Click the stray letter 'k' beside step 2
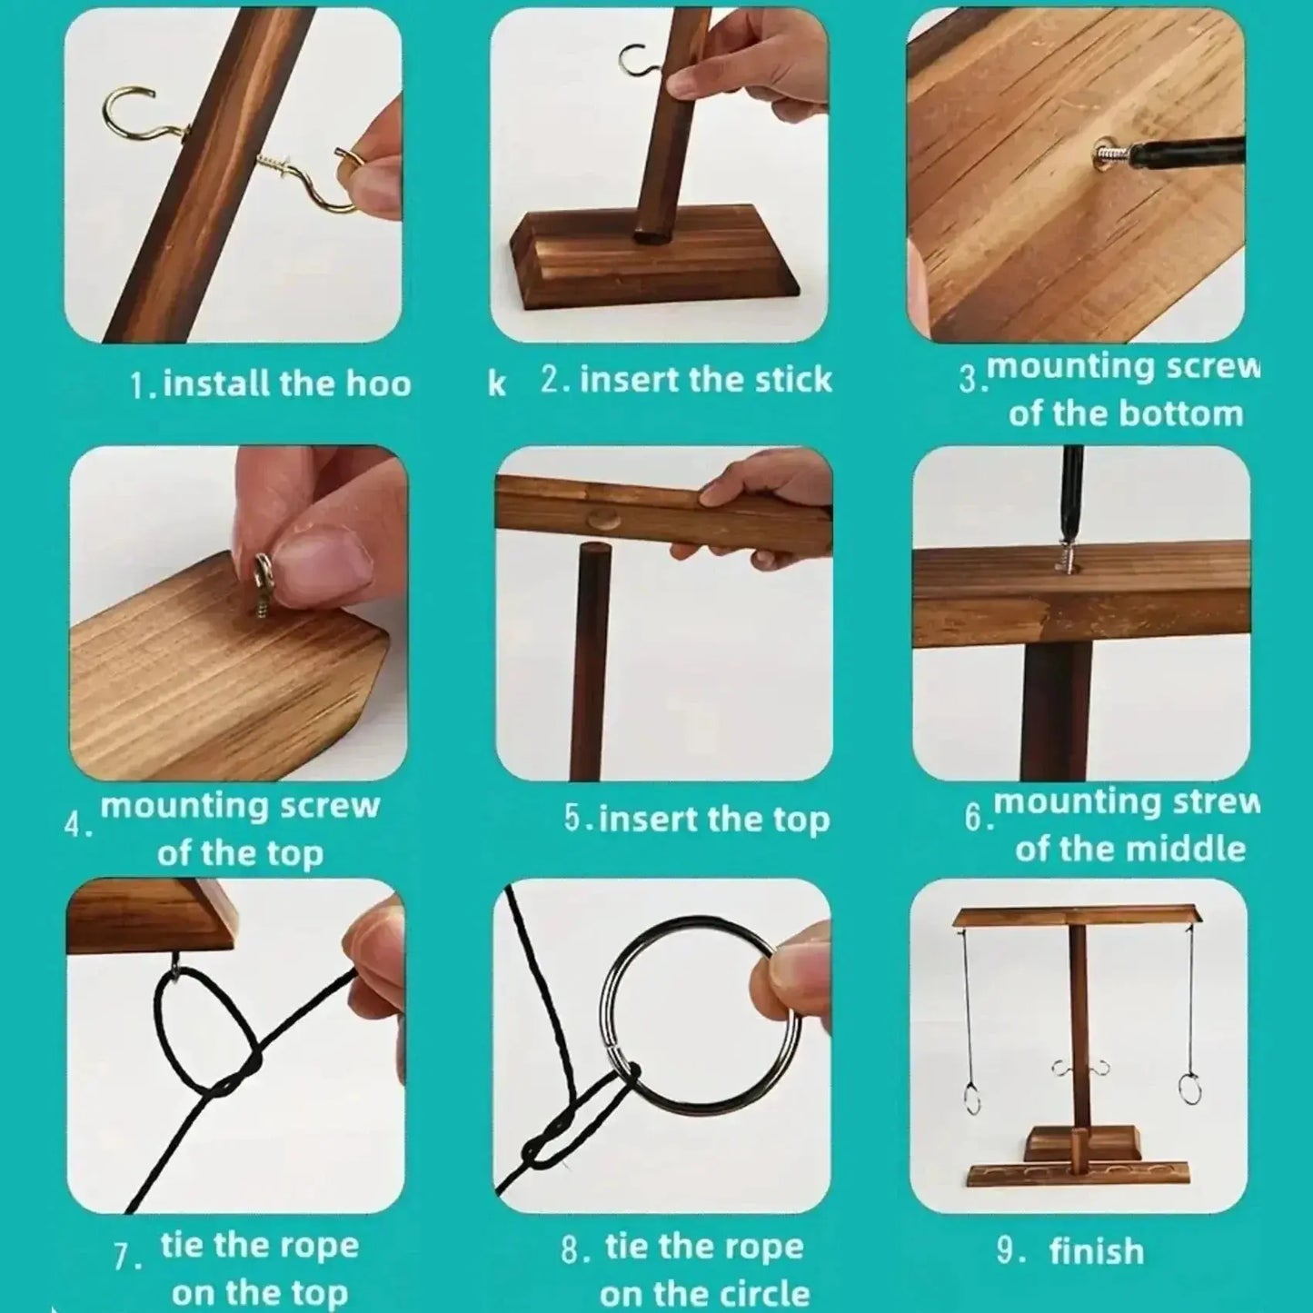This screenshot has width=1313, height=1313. pyautogui.click(x=497, y=384)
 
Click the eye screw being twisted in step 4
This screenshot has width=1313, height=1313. pyautogui.click(x=264, y=586)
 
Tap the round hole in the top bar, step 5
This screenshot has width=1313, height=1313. pyautogui.click(x=604, y=521)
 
